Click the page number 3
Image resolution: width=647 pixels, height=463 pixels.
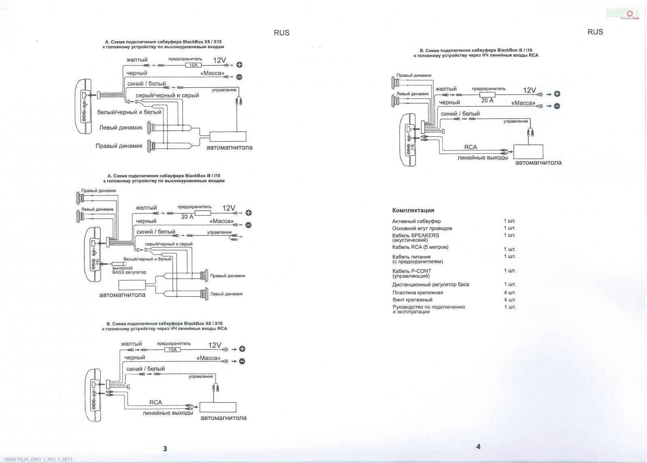(165, 448)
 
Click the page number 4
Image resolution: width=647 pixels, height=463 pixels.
(478, 446)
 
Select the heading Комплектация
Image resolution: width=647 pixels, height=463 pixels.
(413, 210)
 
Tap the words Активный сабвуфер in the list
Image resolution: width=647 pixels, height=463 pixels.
(416, 221)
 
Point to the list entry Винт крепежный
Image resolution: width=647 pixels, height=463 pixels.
(412, 300)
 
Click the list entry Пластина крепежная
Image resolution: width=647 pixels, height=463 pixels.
(417, 292)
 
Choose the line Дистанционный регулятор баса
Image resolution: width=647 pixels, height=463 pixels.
(430, 284)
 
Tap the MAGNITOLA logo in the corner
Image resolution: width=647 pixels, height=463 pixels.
(622, 14)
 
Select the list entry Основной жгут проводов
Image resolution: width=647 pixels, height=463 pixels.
(422, 228)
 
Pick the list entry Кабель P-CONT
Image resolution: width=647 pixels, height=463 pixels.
(411, 271)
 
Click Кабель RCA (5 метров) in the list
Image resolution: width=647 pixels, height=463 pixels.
(420, 247)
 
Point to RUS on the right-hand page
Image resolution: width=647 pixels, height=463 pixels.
(595, 32)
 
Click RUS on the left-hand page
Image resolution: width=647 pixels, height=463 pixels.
(281, 33)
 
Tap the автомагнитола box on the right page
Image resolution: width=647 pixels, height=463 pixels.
(528, 151)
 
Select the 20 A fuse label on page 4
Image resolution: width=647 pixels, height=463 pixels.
(487, 100)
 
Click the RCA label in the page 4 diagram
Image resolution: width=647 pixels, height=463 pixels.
(470, 147)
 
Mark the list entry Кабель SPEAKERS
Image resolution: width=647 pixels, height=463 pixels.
(415, 235)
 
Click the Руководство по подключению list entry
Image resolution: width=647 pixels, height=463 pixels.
(428, 307)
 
